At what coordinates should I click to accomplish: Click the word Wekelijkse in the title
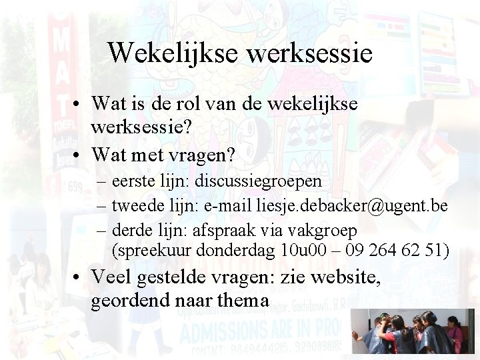click(x=173, y=53)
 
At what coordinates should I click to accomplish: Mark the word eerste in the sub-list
click(x=133, y=181)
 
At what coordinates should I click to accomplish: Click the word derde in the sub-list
click(x=131, y=231)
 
